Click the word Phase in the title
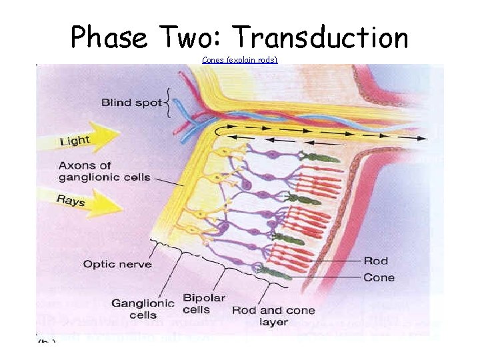click(109, 38)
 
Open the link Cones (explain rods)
click(239, 60)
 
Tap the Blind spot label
click(132, 103)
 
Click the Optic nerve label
click(117, 264)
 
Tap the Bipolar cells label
click(203, 303)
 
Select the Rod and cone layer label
click(273, 315)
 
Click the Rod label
click(375, 261)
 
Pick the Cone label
click(379, 277)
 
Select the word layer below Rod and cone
click(273, 321)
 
